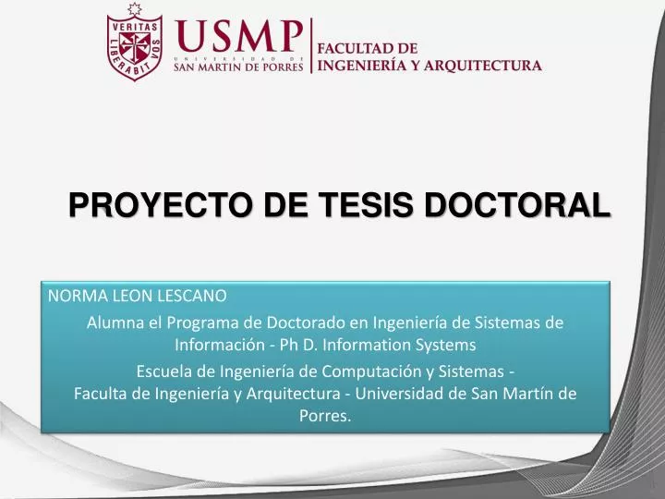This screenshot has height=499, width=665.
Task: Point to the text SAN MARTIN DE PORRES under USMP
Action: pos(238,67)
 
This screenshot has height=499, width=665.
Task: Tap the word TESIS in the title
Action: pos(352,204)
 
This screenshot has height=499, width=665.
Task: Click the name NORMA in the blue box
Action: pos(76,297)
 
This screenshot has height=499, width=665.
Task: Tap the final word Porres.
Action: pos(325,417)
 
